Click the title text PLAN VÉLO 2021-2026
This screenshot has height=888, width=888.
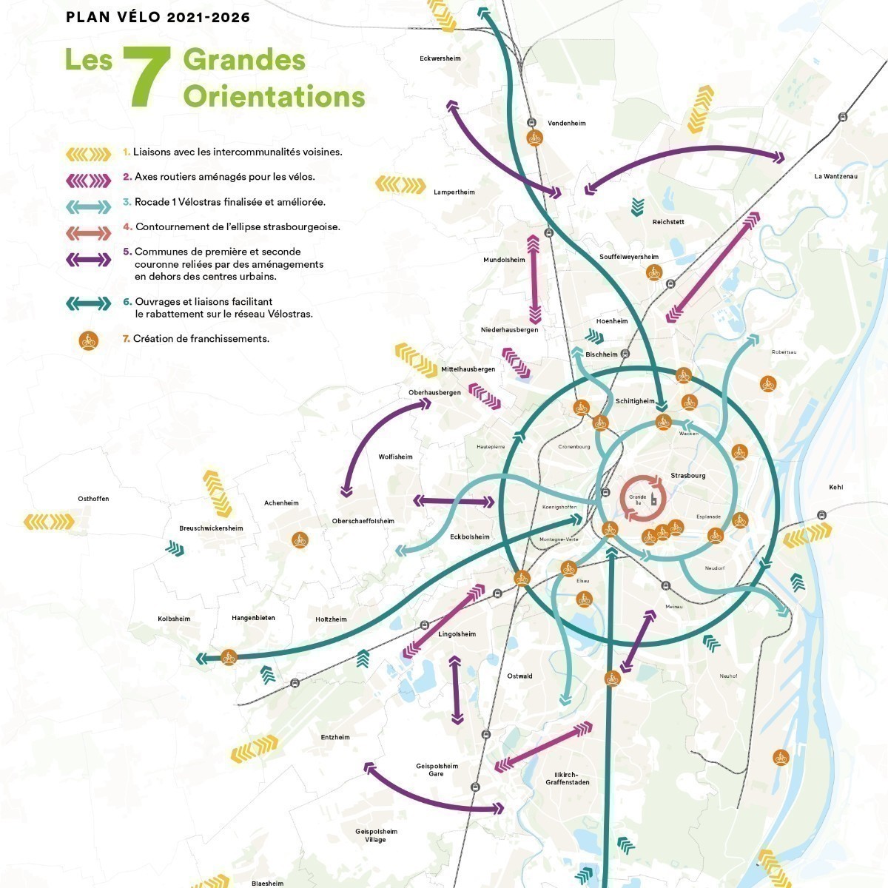[158, 17]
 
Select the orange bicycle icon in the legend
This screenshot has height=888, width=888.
[88, 340]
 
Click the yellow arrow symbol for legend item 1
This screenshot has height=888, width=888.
[88, 153]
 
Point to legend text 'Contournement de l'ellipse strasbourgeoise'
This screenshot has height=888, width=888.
[238, 227]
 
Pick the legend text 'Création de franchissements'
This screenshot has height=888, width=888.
[201, 339]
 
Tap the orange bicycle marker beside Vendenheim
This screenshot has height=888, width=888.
[534, 138]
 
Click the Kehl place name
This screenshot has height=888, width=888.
[835, 487]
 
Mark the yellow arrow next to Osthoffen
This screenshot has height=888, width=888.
[49, 522]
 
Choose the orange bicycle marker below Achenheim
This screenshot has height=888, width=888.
[299, 539]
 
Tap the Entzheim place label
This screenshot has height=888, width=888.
[335, 737]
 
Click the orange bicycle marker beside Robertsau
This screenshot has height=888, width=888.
[768, 383]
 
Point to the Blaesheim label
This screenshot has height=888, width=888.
[267, 883]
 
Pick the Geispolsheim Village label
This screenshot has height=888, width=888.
[376, 835]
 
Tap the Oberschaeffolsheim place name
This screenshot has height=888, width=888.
[363, 521]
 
